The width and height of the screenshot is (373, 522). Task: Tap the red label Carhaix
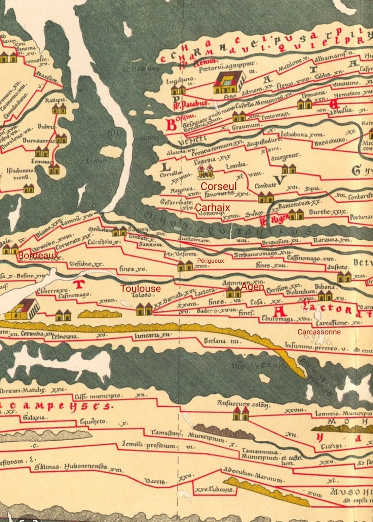pyautogui.click(x=212, y=208)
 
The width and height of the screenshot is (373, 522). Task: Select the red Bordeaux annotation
pyautogui.click(x=38, y=256)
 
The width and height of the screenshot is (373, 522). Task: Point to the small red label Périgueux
pyautogui.click(x=210, y=261)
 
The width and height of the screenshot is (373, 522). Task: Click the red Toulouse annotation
pyautogui.click(x=140, y=288)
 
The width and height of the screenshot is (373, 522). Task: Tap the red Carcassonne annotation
pyautogui.click(x=319, y=331)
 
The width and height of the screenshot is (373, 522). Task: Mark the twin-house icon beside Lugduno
pyautogui.click(x=178, y=90)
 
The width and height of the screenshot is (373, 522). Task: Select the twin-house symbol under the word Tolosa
pyautogui.click(x=144, y=309)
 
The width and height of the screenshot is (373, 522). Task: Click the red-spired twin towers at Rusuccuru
pyautogui.click(x=240, y=413)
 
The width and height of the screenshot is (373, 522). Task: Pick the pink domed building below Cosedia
pyautogui.click(x=205, y=172)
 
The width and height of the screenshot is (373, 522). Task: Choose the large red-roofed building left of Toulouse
pyautogui.click(x=22, y=309)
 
